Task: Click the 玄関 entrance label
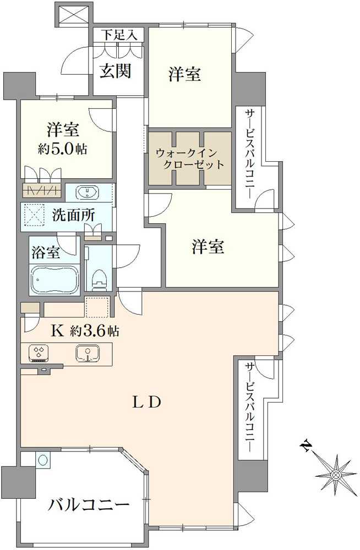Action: point(115,71)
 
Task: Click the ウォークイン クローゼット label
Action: point(189,158)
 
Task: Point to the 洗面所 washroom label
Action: point(73,215)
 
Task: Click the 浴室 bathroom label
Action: point(46,253)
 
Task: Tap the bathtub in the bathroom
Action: point(54,280)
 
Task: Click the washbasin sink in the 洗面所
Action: point(88,193)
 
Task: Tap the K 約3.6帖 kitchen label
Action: point(85,331)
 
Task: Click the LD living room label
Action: point(146,402)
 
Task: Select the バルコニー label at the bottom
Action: point(89,504)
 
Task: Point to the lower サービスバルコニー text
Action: point(250,408)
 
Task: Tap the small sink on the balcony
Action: point(43,459)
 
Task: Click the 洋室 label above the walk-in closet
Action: point(184,74)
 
